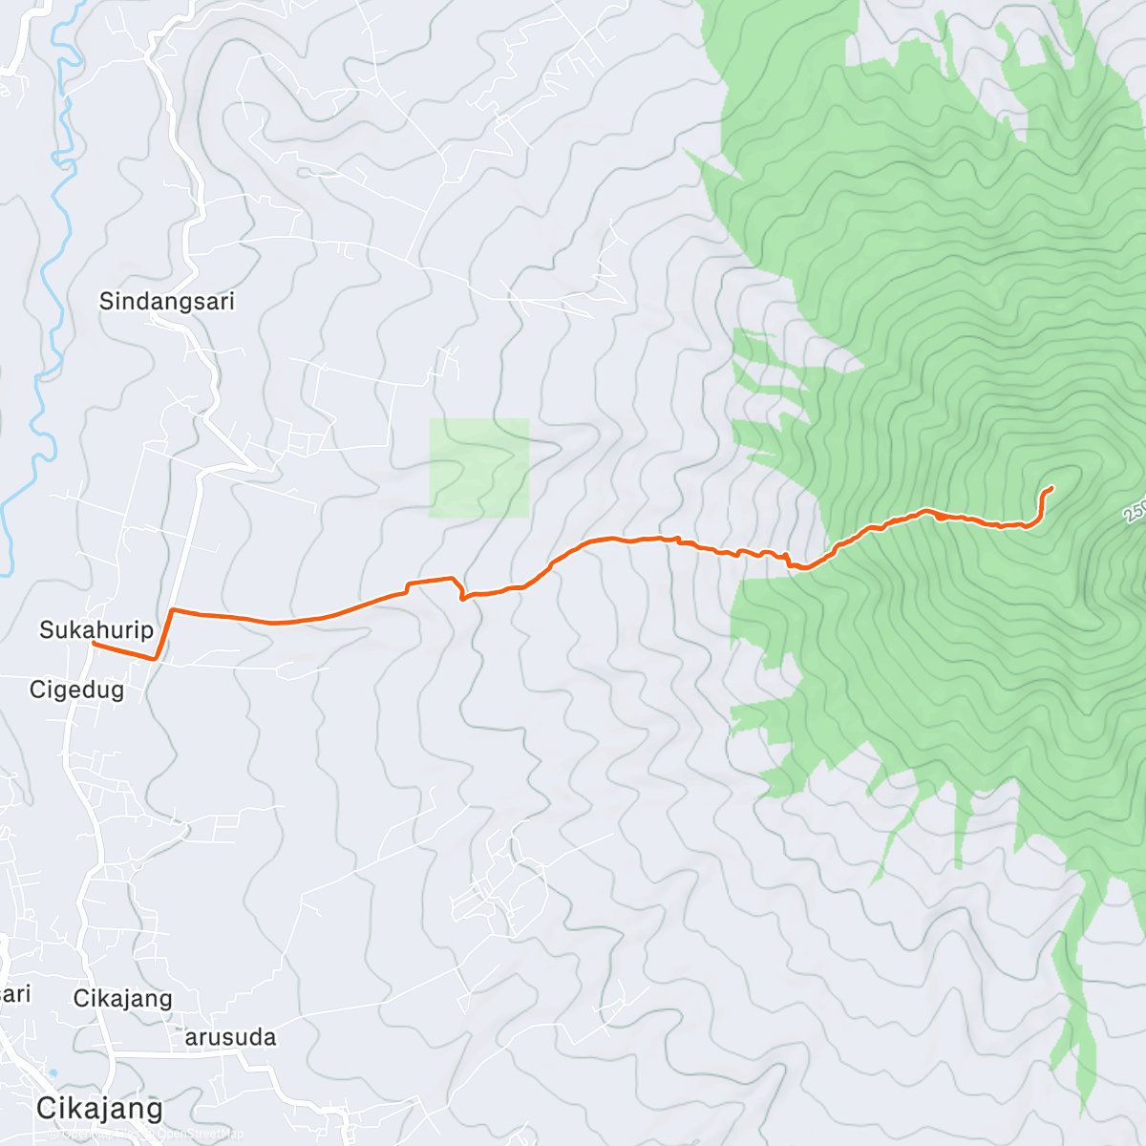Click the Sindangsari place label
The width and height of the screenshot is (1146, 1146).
(x=166, y=302)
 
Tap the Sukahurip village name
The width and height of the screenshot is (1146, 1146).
(x=95, y=630)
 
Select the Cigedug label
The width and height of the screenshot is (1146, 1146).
(x=76, y=690)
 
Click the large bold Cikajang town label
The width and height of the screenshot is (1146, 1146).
(x=99, y=1109)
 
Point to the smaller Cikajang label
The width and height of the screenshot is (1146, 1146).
(x=122, y=999)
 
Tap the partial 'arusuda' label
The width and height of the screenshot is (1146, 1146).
(x=230, y=1037)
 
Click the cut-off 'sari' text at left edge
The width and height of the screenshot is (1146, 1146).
(x=15, y=994)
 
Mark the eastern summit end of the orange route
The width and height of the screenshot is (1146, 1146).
(x=1051, y=488)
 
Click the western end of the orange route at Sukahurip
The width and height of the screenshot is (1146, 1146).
(x=94, y=644)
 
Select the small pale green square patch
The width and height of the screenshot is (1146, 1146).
(x=478, y=468)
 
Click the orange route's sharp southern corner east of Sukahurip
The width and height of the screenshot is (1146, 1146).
(x=156, y=658)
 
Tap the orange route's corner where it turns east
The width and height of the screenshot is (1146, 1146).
(x=172, y=609)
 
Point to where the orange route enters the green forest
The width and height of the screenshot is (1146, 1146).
(x=819, y=562)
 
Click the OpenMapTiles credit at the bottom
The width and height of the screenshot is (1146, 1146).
(x=95, y=1135)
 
